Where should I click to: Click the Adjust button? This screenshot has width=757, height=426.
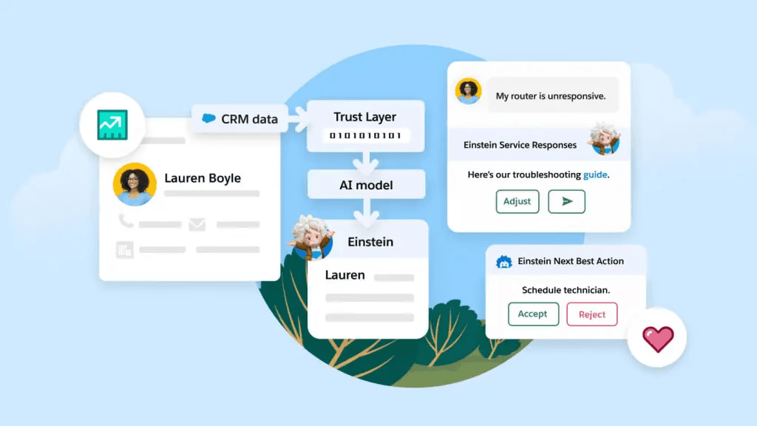[x=517, y=201]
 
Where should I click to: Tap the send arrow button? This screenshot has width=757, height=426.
[x=566, y=201]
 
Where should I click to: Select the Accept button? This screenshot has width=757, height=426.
[x=533, y=314]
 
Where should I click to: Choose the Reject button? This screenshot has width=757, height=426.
[x=591, y=314]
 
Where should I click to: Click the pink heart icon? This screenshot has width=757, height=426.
[x=657, y=339]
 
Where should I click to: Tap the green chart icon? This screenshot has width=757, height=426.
[x=112, y=124]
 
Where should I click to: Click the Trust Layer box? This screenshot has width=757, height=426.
[x=365, y=117]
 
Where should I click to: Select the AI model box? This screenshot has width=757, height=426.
[x=366, y=185]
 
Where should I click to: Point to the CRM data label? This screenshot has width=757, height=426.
[x=249, y=118]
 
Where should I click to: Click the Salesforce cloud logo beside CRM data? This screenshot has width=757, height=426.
[x=209, y=118]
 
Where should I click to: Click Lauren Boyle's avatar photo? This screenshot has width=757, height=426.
[x=135, y=184]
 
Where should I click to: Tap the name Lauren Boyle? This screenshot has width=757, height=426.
[x=203, y=178]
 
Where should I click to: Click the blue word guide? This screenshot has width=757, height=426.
[x=595, y=175]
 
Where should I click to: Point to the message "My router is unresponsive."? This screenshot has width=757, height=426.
[x=551, y=96]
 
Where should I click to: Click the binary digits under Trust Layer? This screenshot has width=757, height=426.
[x=365, y=135]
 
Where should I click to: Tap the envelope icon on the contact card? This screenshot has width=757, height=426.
[x=197, y=224]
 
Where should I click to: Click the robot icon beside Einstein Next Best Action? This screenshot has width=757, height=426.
[x=505, y=261]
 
